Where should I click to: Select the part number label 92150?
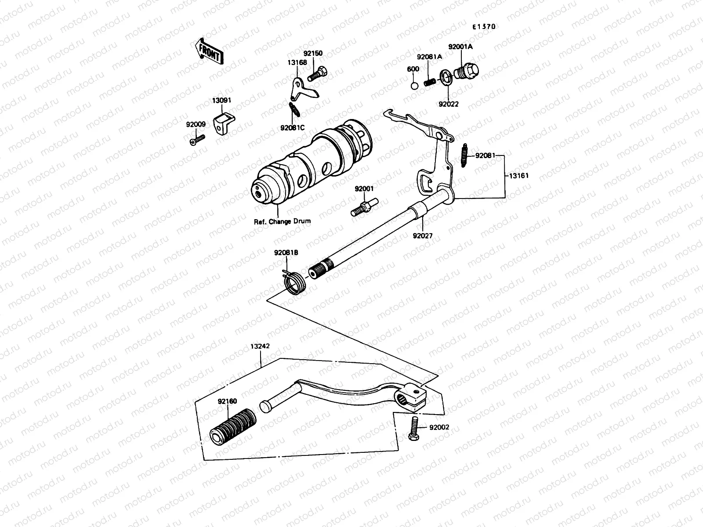coord(313,54)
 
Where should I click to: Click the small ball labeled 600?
coord(414,84)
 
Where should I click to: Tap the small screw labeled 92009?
coord(198,140)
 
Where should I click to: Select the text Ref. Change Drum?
coord(282,221)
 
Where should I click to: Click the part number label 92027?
coord(422,236)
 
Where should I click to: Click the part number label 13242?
coord(260,346)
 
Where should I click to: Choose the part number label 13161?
coord(519,176)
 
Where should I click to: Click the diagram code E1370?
coord(484,27)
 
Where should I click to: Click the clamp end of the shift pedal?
coord(414,395)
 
